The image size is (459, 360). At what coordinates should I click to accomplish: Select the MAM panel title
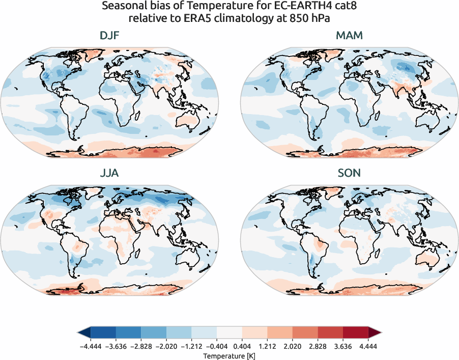(349, 36)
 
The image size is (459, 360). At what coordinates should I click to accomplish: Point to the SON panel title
(349, 173)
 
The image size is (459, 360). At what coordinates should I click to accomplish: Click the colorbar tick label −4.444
(91, 345)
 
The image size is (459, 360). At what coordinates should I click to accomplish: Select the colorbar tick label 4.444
(368, 345)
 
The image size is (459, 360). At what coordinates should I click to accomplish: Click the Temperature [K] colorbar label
(229, 354)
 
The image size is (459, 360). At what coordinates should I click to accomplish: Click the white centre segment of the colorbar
(230, 333)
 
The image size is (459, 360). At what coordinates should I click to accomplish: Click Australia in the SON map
(429, 259)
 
